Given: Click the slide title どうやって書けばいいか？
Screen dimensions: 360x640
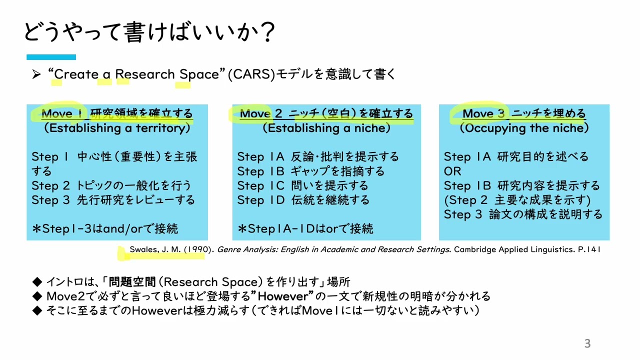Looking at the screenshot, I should pos(149,33).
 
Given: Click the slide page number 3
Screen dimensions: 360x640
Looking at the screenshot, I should pos(587,343).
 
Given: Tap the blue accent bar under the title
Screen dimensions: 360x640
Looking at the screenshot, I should pos(51,57).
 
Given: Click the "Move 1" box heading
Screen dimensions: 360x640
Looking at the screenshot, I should pos(117,114).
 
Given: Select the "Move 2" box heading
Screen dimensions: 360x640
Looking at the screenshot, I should pos(326,114).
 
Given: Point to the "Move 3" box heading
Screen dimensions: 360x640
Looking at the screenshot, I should pos(523,114).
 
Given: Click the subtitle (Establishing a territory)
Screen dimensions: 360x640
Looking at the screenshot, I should pos(117,128).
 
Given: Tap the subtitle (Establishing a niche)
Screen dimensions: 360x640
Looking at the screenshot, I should pos(326,128).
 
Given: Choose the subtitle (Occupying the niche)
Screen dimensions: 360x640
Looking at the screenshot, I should pos(524,128).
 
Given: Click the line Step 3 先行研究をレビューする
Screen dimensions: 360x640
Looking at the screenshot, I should pos(113,200).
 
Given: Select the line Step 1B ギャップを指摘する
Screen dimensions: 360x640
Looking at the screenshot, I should pos(310,171).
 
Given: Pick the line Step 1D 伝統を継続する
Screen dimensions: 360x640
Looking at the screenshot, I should pos(303,200).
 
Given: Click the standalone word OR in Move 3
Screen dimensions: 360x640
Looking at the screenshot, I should pos(452,171).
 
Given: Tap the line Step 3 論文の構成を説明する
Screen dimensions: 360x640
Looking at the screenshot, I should pos(523,215).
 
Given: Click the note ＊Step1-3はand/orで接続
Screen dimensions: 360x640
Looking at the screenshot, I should pos(104,229).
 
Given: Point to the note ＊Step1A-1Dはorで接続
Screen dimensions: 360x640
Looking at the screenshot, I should pos(305,229).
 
